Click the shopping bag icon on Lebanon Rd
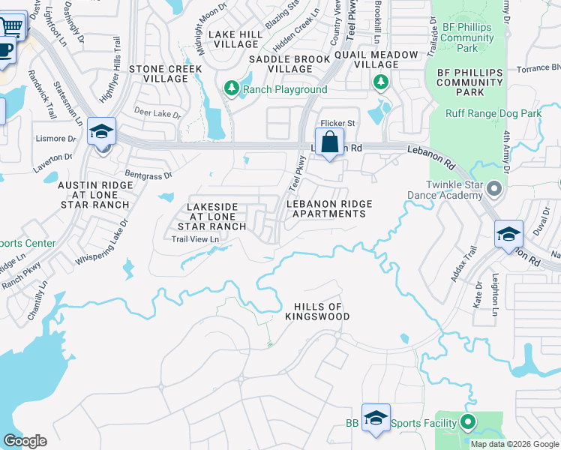click(329, 141)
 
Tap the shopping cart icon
click(11, 26)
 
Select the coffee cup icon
click(5, 50)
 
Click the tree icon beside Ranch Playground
click(232, 89)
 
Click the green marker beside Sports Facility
click(469, 423)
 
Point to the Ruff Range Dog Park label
click(493, 113)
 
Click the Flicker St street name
click(338, 122)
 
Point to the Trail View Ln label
click(195, 239)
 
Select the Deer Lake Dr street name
click(157, 115)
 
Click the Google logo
click(25, 441)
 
